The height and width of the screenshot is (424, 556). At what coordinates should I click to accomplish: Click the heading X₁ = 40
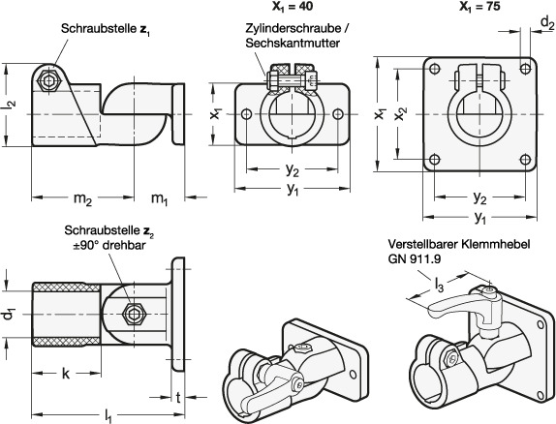tap(293, 7)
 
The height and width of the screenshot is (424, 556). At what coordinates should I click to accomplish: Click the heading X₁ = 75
tap(479, 7)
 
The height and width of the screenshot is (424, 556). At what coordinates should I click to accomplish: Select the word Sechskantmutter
tap(293, 43)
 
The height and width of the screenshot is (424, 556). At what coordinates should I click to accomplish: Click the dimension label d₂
tap(546, 22)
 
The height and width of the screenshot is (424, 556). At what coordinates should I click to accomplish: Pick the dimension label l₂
tap(11, 105)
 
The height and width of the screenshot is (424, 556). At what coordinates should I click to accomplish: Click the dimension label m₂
tap(82, 198)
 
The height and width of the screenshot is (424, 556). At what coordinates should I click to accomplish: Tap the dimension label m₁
tap(159, 198)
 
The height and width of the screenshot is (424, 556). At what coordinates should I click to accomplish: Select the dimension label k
tap(66, 374)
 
